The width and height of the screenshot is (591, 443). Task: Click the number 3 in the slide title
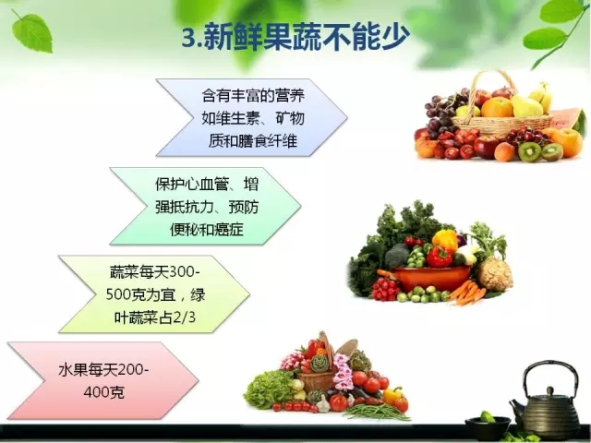[x=189, y=38]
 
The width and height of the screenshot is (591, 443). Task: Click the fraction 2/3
[x=185, y=317]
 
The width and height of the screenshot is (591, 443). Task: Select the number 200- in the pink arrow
[x=133, y=370]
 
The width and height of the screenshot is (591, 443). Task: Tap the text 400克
[x=103, y=392]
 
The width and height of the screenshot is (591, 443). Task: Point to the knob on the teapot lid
[x=550, y=390]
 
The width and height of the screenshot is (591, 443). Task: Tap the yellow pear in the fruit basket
[x=526, y=105]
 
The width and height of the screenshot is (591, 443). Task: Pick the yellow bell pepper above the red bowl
[x=445, y=240]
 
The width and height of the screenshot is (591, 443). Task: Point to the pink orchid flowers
[x=343, y=372]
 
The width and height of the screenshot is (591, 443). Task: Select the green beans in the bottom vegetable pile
[x=377, y=413]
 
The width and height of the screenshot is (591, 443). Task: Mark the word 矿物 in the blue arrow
[x=289, y=118]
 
